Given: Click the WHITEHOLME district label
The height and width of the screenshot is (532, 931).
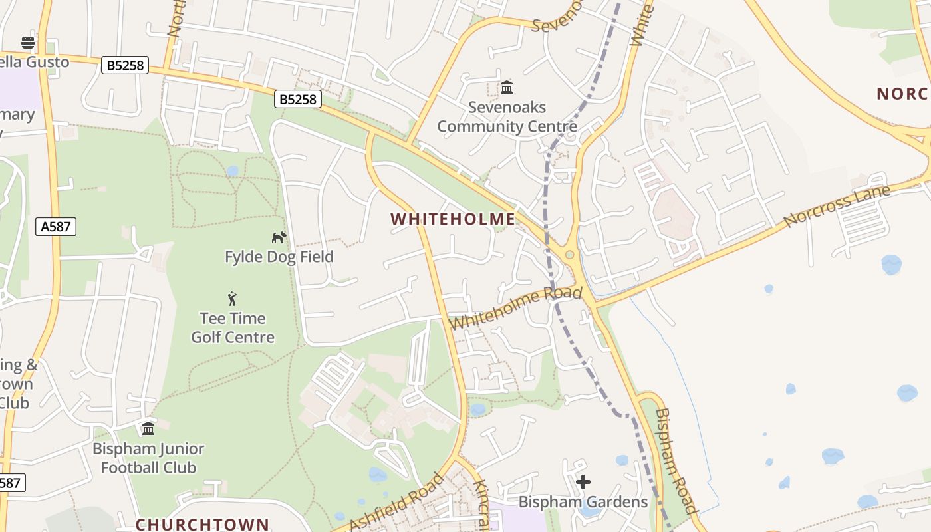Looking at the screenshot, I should click(453, 219).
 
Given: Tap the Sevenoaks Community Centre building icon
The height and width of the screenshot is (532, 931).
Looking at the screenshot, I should click(507, 87).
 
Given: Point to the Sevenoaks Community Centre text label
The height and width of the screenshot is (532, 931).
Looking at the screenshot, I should click(507, 117).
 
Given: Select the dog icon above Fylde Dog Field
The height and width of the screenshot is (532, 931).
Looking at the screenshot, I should click(279, 237).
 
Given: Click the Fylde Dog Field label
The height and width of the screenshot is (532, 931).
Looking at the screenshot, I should click(279, 257).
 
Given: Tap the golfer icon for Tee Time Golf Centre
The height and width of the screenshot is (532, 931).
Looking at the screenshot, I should click(232, 299).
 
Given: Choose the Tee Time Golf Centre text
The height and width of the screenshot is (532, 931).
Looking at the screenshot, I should click(233, 328).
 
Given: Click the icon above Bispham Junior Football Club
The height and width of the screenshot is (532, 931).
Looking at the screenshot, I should click(148, 428).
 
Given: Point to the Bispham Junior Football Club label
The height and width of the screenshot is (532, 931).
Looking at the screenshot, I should click(148, 458).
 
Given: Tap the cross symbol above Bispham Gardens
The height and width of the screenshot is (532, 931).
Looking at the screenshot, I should click(583, 482).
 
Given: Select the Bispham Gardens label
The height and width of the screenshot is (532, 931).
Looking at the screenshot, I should click(583, 502).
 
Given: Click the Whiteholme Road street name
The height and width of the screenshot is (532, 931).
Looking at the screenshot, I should click(516, 308).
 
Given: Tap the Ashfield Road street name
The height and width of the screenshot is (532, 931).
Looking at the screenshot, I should click(396, 504).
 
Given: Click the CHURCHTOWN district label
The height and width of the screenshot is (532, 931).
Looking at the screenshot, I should click(203, 524).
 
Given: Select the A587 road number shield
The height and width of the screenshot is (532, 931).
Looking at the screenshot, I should click(56, 227).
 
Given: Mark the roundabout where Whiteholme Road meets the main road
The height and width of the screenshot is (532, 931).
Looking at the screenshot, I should click(569, 255).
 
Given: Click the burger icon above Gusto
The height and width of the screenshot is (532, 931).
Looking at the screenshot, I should click(28, 43).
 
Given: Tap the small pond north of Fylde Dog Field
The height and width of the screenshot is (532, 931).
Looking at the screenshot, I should click(232, 171).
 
